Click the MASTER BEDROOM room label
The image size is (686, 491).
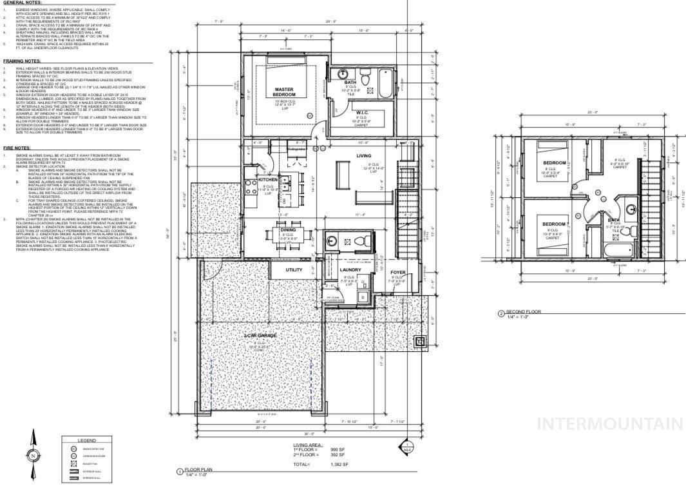point(284,92)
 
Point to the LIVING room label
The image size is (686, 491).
point(364,156)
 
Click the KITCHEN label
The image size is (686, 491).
point(268,180)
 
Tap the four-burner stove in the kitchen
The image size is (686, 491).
point(251,187)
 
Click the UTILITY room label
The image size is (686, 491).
point(294,270)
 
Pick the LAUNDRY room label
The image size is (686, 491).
point(350,270)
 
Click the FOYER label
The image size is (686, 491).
point(397,273)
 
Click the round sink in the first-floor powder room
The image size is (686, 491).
point(331,240)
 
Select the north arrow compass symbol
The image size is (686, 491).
point(33,455)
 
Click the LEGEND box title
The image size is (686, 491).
point(86,440)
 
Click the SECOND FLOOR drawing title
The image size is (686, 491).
point(523,312)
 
